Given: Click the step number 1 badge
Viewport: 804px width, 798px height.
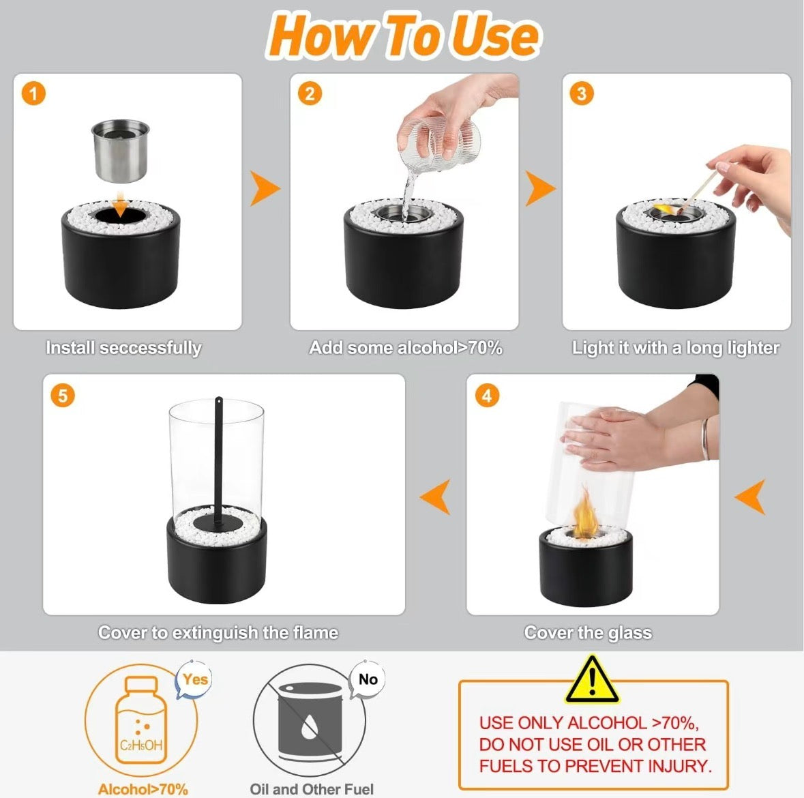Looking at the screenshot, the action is (x=34, y=94).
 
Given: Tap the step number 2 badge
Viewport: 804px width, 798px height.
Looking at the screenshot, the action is (x=310, y=94).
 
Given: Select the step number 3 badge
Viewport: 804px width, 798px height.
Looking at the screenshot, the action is (x=582, y=94).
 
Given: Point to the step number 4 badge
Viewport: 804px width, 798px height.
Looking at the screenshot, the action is (x=487, y=396).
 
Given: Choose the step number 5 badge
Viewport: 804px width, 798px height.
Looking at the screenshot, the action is (x=63, y=396).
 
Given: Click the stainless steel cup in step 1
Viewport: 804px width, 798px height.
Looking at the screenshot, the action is (x=121, y=151).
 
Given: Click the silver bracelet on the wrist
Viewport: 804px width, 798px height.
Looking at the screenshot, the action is (x=706, y=439).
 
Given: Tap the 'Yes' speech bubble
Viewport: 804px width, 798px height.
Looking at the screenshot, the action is (x=194, y=680).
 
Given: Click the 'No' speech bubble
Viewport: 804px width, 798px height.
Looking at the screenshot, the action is (x=368, y=679).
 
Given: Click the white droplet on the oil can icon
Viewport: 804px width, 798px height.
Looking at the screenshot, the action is (x=309, y=727).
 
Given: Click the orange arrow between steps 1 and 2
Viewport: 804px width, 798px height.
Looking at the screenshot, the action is (x=265, y=188).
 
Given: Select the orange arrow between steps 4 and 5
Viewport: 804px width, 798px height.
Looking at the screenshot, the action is (x=435, y=497).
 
